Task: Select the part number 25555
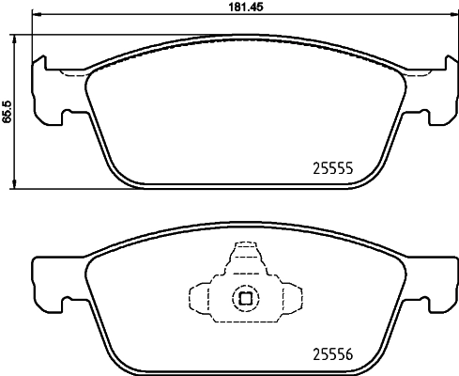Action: pyautogui.click(x=331, y=170)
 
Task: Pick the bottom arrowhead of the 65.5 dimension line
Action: pyautogui.click(x=16, y=184)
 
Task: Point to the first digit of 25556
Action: pyautogui.click(x=315, y=354)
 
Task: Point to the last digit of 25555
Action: pyautogui.click(x=348, y=170)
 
